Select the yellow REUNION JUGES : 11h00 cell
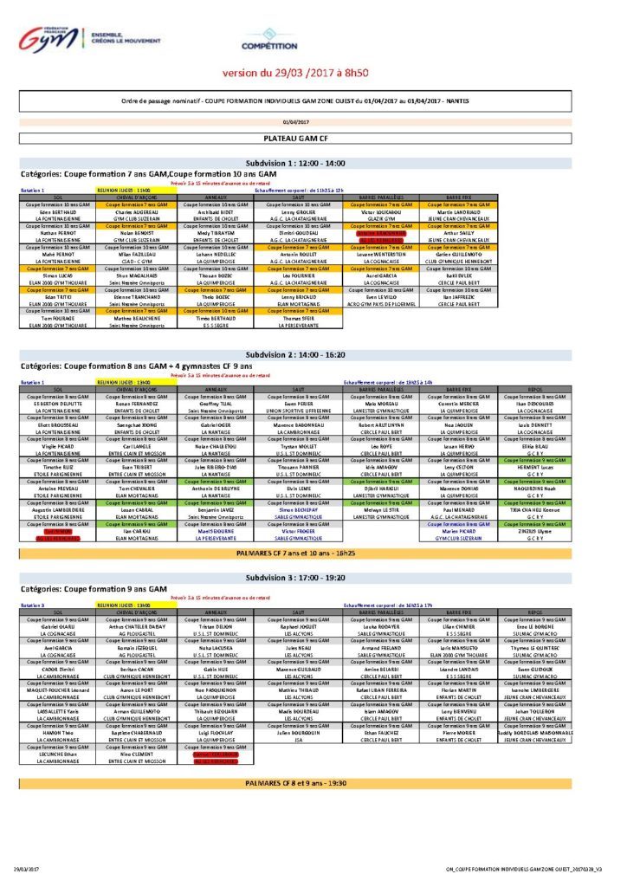click(124, 189)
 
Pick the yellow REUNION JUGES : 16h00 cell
click(124, 605)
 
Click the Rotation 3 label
click(32, 605)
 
